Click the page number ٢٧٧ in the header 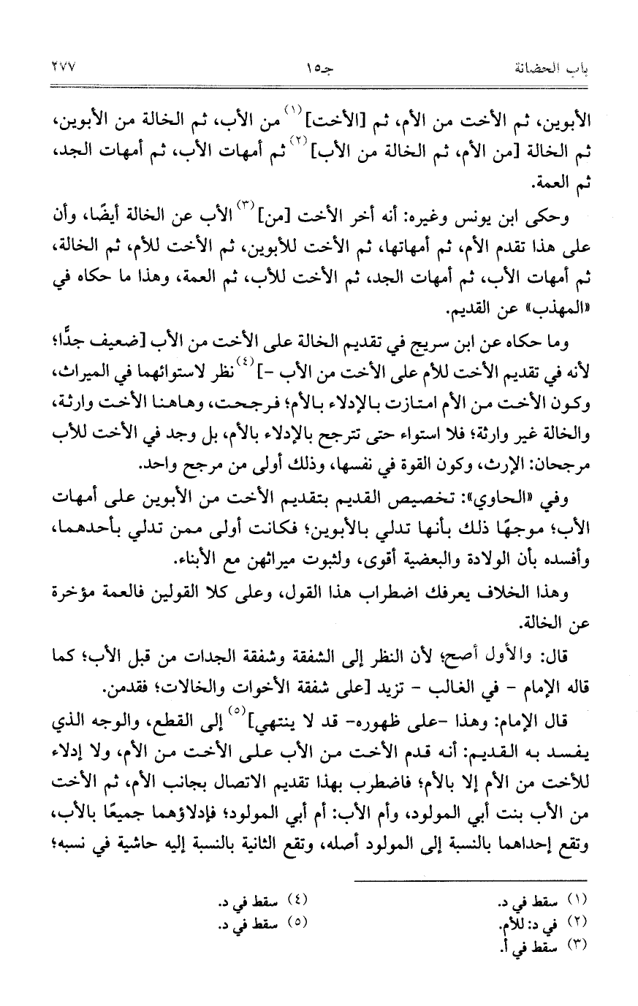[67, 67]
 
